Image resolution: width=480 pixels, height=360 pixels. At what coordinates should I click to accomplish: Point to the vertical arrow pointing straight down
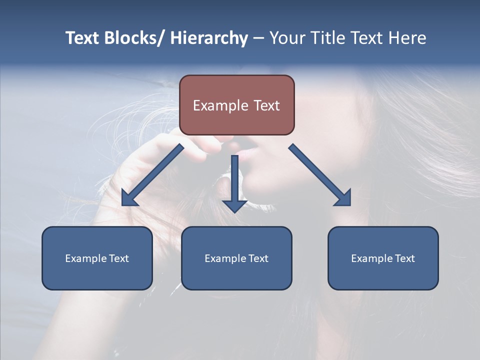pyautogui.click(x=234, y=182)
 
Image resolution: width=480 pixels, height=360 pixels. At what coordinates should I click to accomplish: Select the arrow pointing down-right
pyautogui.click(x=320, y=175)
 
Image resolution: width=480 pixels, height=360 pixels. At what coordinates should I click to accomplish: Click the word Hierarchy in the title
pyautogui.click(x=209, y=38)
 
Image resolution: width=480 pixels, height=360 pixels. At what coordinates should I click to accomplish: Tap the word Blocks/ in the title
pyautogui.click(x=132, y=38)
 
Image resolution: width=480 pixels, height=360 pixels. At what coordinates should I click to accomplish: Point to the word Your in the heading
pyautogui.click(x=287, y=38)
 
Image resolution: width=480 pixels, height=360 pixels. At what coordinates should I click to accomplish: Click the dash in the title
pyautogui.click(x=258, y=38)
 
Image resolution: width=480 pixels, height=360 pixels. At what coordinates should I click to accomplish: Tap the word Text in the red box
pyautogui.click(x=266, y=105)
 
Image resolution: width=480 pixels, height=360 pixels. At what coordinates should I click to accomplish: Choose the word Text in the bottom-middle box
pyautogui.click(x=258, y=258)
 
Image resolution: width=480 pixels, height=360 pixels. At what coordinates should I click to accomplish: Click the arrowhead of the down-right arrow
pyautogui.click(x=343, y=198)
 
